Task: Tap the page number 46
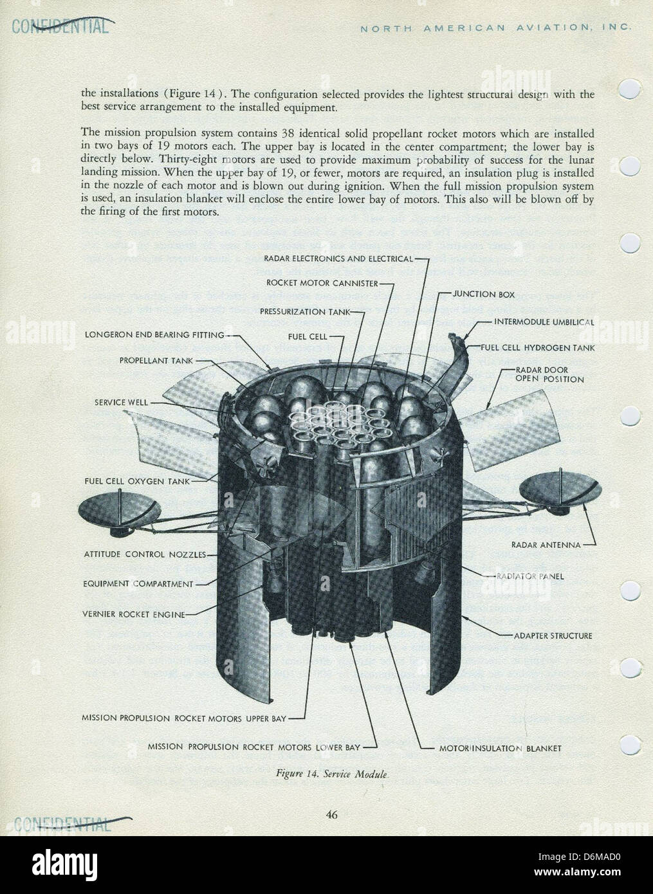point(331,815)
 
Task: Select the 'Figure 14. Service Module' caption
point(331,774)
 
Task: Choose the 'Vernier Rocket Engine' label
point(134,614)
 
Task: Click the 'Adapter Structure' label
point(553,635)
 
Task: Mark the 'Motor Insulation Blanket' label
point(500,748)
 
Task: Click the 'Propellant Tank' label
point(156,361)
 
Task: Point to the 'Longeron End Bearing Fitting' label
point(154,334)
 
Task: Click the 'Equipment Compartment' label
point(138,584)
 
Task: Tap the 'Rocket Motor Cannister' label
point(321,283)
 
